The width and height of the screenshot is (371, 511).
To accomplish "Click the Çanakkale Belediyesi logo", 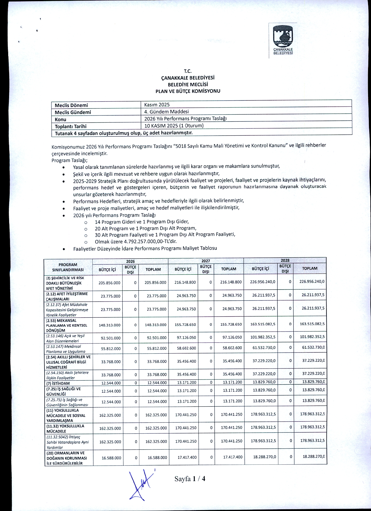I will pyautogui.click(x=283, y=40).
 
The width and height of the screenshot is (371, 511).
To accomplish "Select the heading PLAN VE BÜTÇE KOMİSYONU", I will pyautogui.click(x=188, y=91).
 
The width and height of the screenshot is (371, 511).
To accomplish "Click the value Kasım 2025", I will pyautogui.click(x=157, y=105).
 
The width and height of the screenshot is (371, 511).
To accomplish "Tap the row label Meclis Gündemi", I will pyautogui.click(x=73, y=112).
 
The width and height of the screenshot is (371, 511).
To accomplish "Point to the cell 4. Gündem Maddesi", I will pyautogui.click(x=167, y=112).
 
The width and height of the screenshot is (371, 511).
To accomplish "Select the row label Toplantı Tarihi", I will pyautogui.click(x=71, y=126).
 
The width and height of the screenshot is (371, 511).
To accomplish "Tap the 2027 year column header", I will pyautogui.click(x=206, y=261).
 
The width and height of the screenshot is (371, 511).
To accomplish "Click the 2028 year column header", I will pyautogui.click(x=285, y=260).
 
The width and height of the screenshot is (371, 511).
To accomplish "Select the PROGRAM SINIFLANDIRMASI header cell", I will pyautogui.click(x=68, y=267).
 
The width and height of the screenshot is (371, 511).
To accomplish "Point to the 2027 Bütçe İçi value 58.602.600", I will pyautogui.click(x=187, y=348).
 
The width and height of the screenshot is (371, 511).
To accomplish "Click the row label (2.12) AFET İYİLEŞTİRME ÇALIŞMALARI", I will pyautogui.click(x=67, y=296).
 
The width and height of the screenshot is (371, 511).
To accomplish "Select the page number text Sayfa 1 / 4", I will pyautogui.click(x=190, y=479).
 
